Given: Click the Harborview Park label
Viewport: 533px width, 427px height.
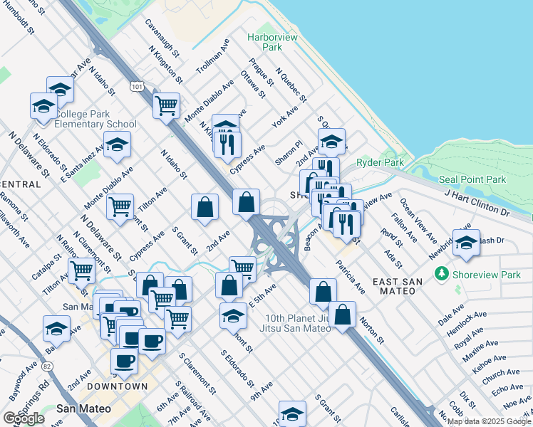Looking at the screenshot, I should [x=264, y=42].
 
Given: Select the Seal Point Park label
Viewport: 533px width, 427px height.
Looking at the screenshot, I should [x=472, y=179].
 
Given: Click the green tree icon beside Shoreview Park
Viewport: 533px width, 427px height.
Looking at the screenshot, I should [x=442, y=273].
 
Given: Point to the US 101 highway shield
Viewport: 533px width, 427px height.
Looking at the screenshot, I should [x=136, y=86].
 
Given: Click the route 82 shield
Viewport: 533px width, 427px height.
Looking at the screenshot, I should [x=47, y=366].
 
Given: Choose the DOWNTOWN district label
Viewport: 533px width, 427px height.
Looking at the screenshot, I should [x=118, y=386].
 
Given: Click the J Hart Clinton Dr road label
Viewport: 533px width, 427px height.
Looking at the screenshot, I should [x=477, y=202].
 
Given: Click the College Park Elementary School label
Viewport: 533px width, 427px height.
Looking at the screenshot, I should [x=95, y=119].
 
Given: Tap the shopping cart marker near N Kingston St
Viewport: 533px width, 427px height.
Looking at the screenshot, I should [x=166, y=105].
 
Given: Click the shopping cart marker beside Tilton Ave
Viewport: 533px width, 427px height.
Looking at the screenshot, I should [x=120, y=206].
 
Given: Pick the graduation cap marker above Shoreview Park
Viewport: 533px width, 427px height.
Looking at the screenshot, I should [x=467, y=242].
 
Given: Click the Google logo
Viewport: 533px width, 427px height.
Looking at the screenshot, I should [x=24, y=418].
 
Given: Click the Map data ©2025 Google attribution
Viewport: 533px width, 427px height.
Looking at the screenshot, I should [x=490, y=421].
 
